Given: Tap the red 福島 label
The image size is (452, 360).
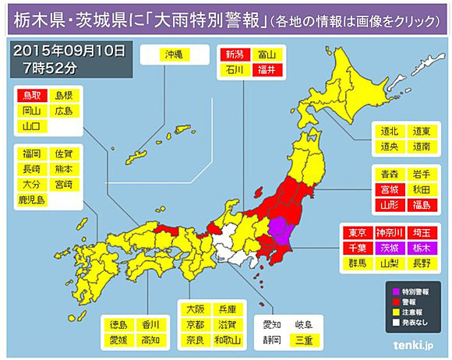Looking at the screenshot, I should click(423, 203).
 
